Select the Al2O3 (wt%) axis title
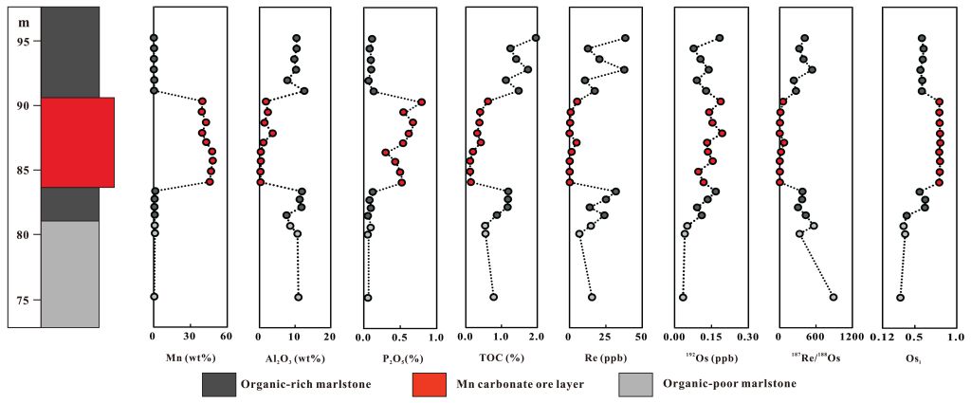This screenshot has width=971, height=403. click(293, 358)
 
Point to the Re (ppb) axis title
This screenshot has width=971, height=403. click(606, 358)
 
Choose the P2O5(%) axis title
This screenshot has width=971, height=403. click(396, 358)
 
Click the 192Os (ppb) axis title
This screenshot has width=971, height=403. click(709, 358)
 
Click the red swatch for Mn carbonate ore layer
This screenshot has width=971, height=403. click(428, 384)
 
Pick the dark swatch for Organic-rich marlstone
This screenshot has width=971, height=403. click(219, 384)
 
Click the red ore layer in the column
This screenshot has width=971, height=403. click(77, 142)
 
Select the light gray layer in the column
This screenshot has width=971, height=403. click(70, 274)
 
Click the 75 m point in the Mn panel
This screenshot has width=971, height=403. click(155, 297)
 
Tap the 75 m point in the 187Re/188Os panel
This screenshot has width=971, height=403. click(834, 297)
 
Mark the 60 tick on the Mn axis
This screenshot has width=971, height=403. click(225, 337)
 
